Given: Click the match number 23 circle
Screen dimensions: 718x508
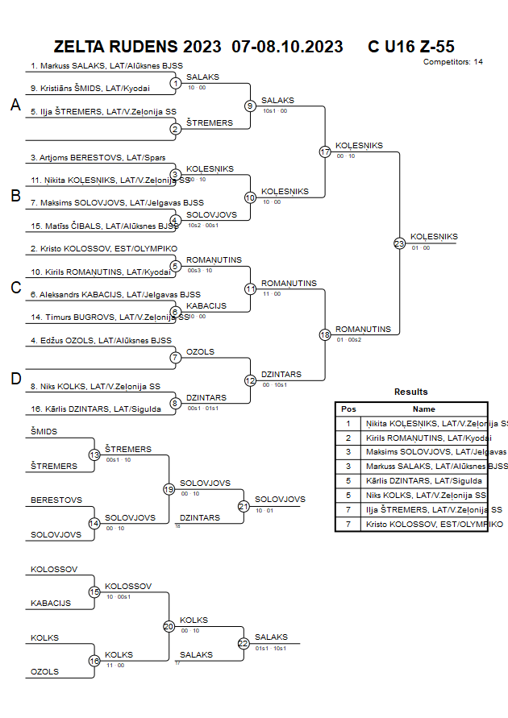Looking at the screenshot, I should (x=399, y=243).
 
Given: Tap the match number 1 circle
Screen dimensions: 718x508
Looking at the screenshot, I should (x=175, y=83).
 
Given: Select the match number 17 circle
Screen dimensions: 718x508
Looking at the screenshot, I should (x=325, y=151).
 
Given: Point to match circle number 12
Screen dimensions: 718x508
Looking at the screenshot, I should (x=250, y=380).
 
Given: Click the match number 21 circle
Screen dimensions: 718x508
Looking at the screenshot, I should (x=243, y=506).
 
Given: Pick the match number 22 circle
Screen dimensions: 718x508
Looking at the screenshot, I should (x=243, y=643).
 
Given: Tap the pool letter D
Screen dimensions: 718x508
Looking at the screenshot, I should (x=15, y=378).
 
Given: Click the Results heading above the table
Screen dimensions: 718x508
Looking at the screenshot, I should (x=410, y=392).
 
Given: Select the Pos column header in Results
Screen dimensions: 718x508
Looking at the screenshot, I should (x=348, y=409).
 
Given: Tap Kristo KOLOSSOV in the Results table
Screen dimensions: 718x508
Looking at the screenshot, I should (x=434, y=524).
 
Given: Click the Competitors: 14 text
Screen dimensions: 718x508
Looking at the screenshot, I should (x=453, y=61).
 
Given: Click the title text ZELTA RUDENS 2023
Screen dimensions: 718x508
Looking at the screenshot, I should (x=138, y=47).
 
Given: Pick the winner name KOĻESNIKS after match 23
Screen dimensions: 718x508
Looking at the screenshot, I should (x=434, y=237).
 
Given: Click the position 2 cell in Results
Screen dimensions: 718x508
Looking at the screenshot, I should (x=348, y=438).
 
